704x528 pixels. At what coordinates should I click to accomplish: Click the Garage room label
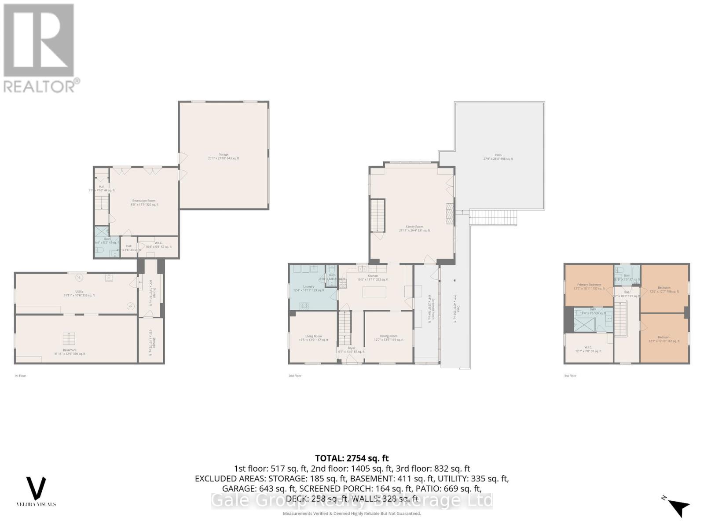click(x=224, y=154)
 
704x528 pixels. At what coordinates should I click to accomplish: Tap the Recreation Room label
click(x=143, y=201)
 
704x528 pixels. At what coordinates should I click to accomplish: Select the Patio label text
click(x=498, y=155)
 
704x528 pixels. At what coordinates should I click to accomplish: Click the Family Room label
click(x=414, y=227)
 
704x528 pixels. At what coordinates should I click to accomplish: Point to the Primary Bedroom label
click(x=589, y=285)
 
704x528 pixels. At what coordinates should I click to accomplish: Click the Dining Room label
click(x=389, y=336)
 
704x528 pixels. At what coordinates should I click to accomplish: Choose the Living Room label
click(x=313, y=336)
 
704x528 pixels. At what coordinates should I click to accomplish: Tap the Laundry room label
click(x=308, y=286)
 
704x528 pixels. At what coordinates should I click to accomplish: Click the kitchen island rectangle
click(x=374, y=292)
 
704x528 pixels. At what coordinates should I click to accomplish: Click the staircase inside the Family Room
click(x=377, y=215)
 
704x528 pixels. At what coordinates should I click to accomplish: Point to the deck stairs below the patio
click(x=493, y=217)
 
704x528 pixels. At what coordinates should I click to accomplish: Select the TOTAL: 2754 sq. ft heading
click(x=352, y=458)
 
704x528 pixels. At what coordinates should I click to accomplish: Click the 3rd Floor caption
click(x=570, y=376)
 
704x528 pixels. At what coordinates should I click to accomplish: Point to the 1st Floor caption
click(x=20, y=376)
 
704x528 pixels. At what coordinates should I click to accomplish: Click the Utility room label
click(x=79, y=291)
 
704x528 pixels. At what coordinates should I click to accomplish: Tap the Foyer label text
click(x=351, y=348)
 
